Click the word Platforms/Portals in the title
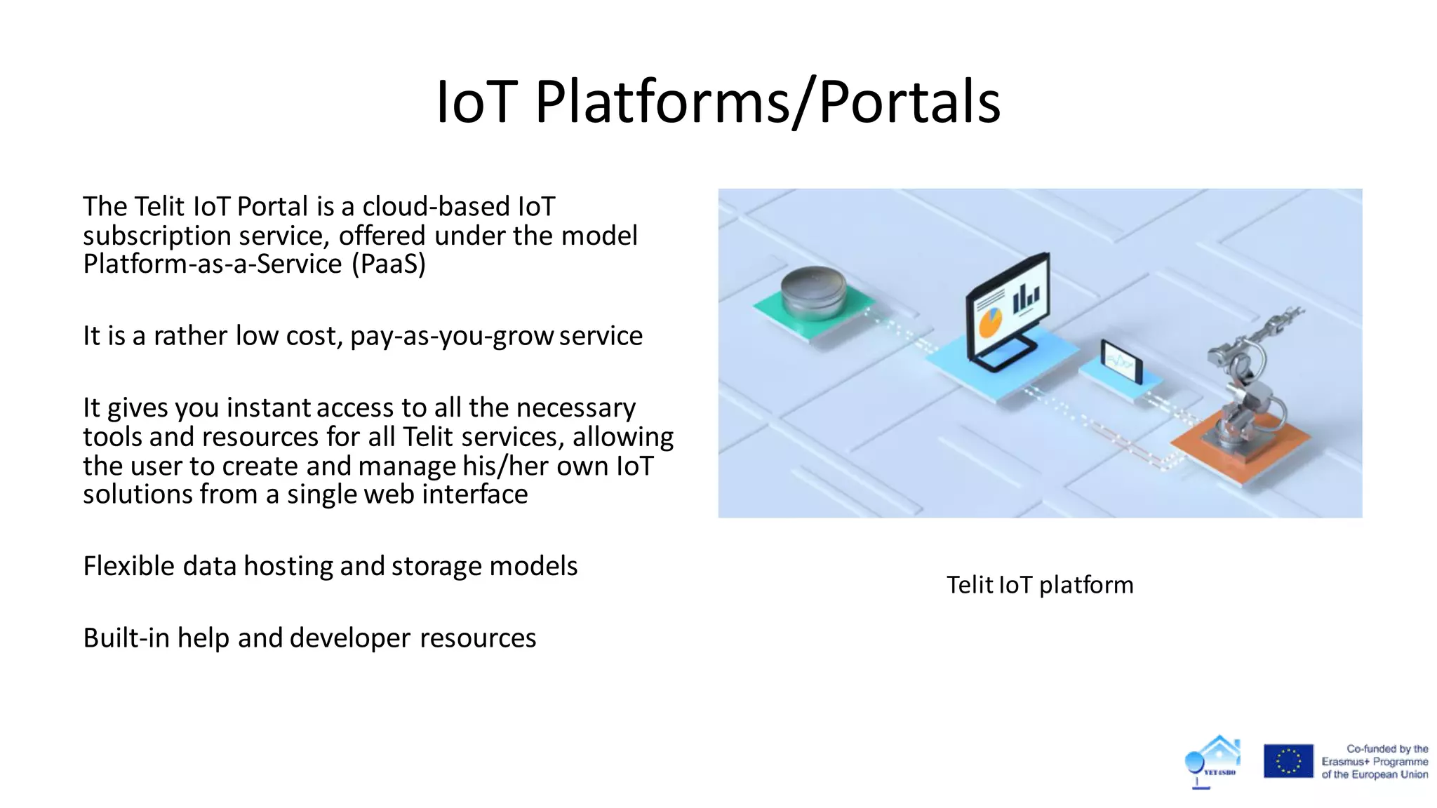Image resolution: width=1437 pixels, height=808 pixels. click(768, 102)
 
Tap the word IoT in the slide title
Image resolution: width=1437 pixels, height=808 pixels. click(476, 102)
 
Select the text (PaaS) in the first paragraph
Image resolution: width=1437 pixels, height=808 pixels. click(388, 264)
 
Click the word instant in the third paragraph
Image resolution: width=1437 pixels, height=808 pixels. click(268, 408)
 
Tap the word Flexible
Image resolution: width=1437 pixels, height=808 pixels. click(128, 566)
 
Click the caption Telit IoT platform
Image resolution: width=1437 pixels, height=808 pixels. click(1039, 585)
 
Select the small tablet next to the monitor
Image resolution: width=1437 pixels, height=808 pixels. click(1121, 362)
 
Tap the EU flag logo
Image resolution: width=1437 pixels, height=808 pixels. click(1288, 761)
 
